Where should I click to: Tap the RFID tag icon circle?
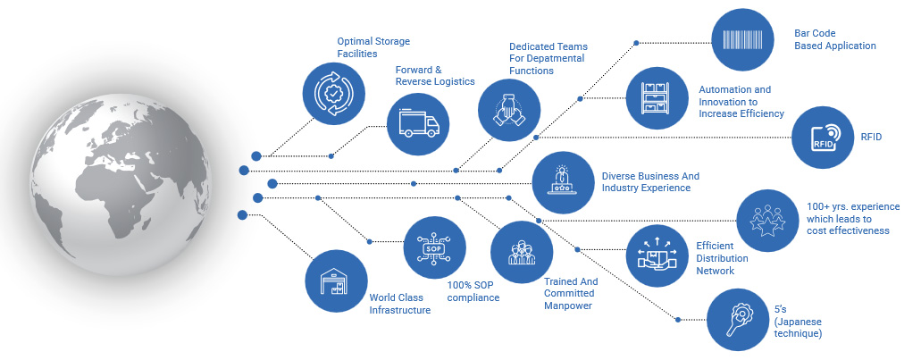823,137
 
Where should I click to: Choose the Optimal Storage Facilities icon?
334,92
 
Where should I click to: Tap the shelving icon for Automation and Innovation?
656,96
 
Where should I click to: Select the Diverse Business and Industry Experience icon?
563,181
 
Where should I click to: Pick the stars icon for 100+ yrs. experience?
767,220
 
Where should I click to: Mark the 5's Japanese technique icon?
738,319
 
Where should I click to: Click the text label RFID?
871,138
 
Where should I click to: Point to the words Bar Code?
813,33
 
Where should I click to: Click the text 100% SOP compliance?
473,291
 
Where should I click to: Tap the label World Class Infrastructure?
400,304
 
